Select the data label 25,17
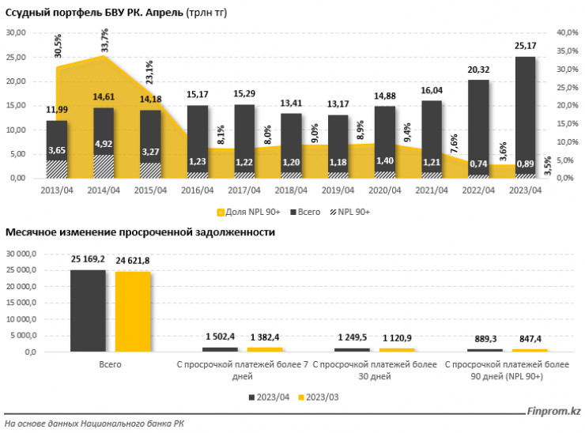[x=525, y=46]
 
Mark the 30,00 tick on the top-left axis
[x=17, y=32]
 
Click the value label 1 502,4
[x=219, y=337]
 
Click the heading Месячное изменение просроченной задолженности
[x=141, y=232]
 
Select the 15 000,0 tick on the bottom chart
[x=29, y=303]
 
